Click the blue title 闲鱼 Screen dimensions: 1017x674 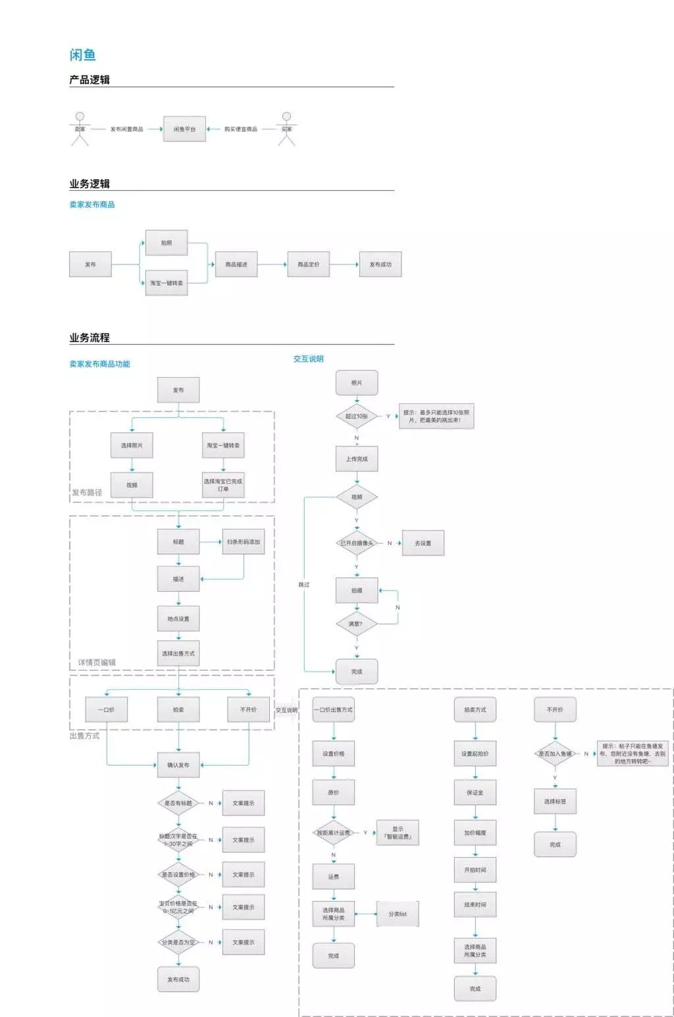[83, 55]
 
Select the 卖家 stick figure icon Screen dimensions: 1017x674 [80, 128]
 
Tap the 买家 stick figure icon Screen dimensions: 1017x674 [286, 128]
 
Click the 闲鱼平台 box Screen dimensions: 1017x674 [184, 129]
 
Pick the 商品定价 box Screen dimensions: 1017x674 [308, 265]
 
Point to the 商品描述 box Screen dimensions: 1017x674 [236, 265]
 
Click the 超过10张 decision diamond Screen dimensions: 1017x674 [357, 417]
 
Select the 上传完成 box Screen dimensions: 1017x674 [357, 459]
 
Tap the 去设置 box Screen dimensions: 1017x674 [423, 543]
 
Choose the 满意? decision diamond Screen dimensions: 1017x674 [356, 623]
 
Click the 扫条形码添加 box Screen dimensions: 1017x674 [244, 542]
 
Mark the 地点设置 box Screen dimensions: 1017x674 [178, 619]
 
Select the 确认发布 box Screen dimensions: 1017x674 [178, 765]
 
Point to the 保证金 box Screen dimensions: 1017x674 [475, 793]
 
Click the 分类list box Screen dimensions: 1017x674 [398, 914]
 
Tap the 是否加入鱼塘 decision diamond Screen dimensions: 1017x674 [555, 754]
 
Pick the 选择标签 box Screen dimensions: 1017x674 [555, 802]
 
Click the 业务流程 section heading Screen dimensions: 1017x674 [90, 338]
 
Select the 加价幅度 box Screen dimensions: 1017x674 [475, 833]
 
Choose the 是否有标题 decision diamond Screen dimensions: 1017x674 [178, 803]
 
